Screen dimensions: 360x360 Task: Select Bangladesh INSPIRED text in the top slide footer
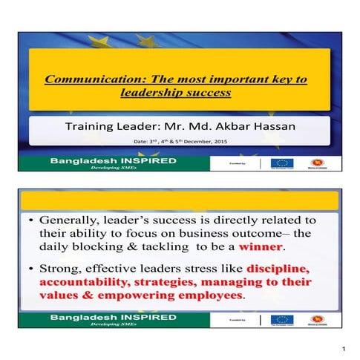point(113,160)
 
